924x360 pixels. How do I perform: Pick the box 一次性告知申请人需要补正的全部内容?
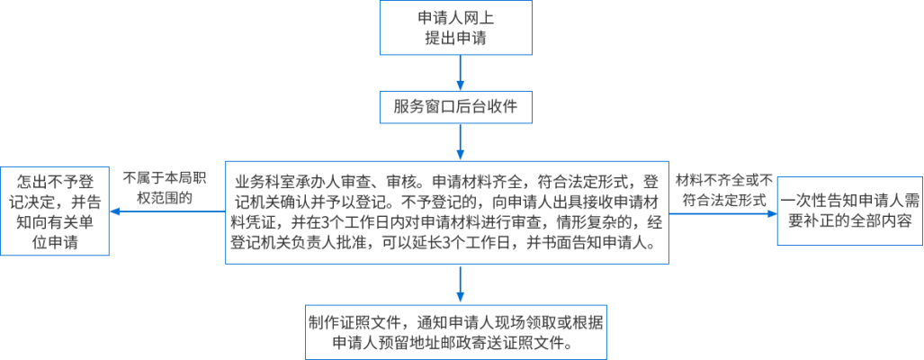[x=849, y=211]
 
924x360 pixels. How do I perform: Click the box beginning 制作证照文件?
[x=459, y=333]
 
